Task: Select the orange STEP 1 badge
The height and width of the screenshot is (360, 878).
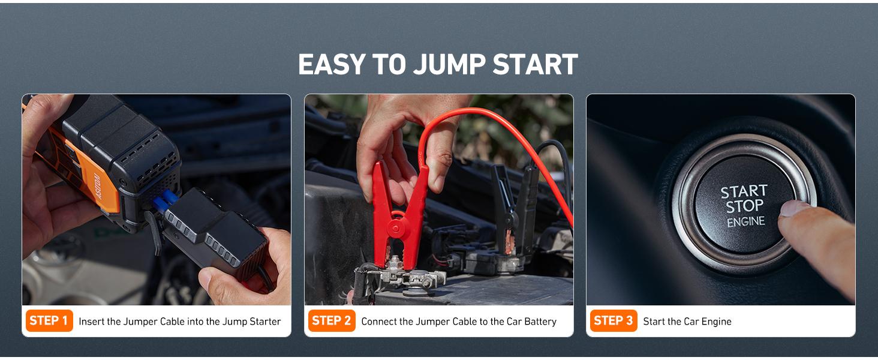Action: [x=49, y=321]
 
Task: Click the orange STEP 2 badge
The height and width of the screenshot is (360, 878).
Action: [x=331, y=321]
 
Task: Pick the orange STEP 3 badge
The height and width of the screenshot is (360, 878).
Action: [x=613, y=321]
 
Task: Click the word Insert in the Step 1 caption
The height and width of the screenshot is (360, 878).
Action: [x=92, y=322]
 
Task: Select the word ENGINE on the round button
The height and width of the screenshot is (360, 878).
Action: [x=746, y=222]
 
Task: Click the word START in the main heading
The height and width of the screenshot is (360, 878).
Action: [x=535, y=65]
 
